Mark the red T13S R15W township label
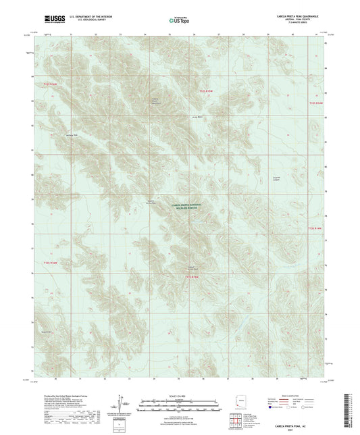tap(194, 276)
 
